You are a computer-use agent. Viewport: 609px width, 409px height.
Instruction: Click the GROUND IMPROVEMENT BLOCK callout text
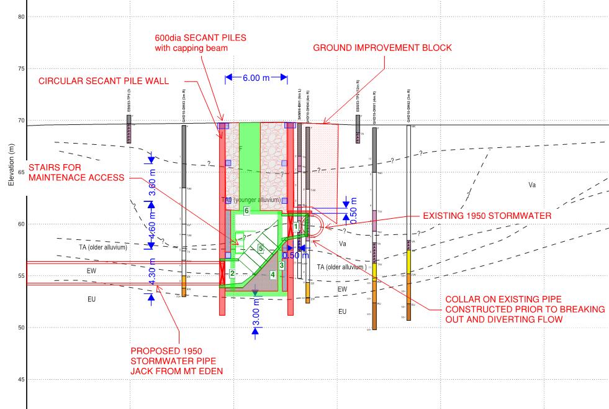382,48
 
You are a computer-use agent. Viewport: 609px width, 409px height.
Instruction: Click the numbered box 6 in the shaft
246,211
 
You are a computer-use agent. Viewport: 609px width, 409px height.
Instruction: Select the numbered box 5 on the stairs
261,249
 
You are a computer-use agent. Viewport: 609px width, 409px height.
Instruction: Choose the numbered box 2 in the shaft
232,273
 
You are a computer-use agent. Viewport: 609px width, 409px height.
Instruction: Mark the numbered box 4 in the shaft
273,274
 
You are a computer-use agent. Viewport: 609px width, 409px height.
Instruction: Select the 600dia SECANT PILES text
200,37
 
